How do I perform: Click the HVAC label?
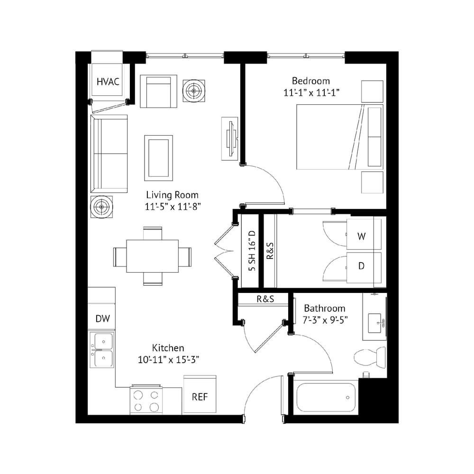point(108,82)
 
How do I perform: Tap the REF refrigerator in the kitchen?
point(200,394)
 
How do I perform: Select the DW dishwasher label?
point(102,319)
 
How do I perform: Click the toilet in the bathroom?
point(369,358)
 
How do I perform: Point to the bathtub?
point(326,397)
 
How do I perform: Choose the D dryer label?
point(361,266)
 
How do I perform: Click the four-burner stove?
point(146,400)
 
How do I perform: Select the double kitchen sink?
point(102,350)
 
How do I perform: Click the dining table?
point(152,256)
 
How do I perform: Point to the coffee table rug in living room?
point(158,158)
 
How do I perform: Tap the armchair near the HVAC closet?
point(158,91)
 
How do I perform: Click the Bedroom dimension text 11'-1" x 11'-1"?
point(311,92)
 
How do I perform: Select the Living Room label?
point(173,195)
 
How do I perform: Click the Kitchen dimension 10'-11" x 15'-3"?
point(168,360)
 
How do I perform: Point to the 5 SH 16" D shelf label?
point(252,251)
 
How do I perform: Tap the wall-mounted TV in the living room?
point(232,139)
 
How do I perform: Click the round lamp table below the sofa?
point(101,207)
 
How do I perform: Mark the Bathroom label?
point(325,309)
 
